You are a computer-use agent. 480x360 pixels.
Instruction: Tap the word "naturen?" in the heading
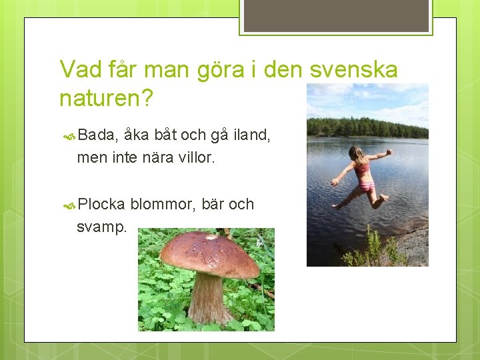click(x=106, y=99)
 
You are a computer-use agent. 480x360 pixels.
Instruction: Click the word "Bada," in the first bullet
click(x=98, y=135)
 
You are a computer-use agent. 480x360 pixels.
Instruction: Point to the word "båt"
click(x=166, y=135)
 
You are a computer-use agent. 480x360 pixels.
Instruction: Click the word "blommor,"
click(x=163, y=204)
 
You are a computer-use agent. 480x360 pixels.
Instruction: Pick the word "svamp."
click(x=101, y=227)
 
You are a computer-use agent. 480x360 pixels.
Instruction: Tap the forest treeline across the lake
click(x=367, y=127)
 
